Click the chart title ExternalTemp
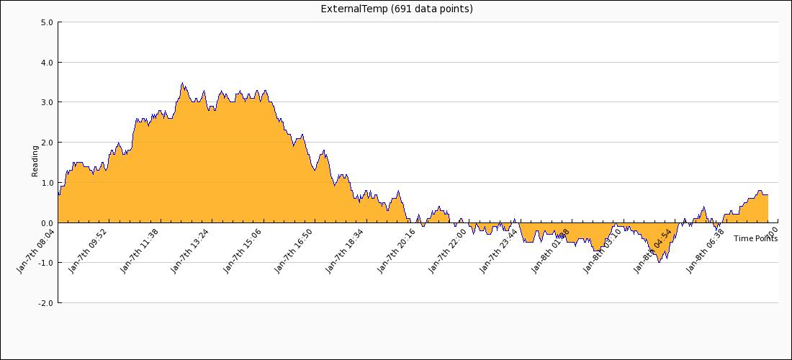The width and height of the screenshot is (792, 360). coord(397,9)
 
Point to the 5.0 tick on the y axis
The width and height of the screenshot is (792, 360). coord(47,22)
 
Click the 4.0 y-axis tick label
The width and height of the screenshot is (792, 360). coord(47,63)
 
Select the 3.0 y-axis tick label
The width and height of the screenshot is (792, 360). coord(47,102)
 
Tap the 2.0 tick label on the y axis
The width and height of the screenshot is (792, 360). coord(47,143)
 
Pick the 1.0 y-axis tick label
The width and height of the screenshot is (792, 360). coord(47,183)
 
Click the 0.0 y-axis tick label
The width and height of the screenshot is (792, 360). coord(47,223)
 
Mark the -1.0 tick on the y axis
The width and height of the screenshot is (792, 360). coord(45,263)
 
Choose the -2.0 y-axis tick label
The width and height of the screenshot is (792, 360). coord(45,303)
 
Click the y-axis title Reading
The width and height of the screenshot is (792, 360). coord(35,161)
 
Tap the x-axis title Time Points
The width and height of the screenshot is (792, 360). coord(755,238)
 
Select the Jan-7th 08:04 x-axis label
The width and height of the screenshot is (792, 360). coord(37,251)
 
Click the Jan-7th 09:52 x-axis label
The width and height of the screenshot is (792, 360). coord(88,251)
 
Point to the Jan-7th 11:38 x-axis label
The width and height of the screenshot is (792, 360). coord(140,251)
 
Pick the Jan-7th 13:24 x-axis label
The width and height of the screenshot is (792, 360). coord(191,251)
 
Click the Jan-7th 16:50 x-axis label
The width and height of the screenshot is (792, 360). coord(294,251)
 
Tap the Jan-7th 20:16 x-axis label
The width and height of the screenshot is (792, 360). coord(397,251)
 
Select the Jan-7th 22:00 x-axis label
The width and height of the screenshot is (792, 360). coord(448,251)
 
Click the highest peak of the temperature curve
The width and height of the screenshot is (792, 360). coord(182,83)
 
